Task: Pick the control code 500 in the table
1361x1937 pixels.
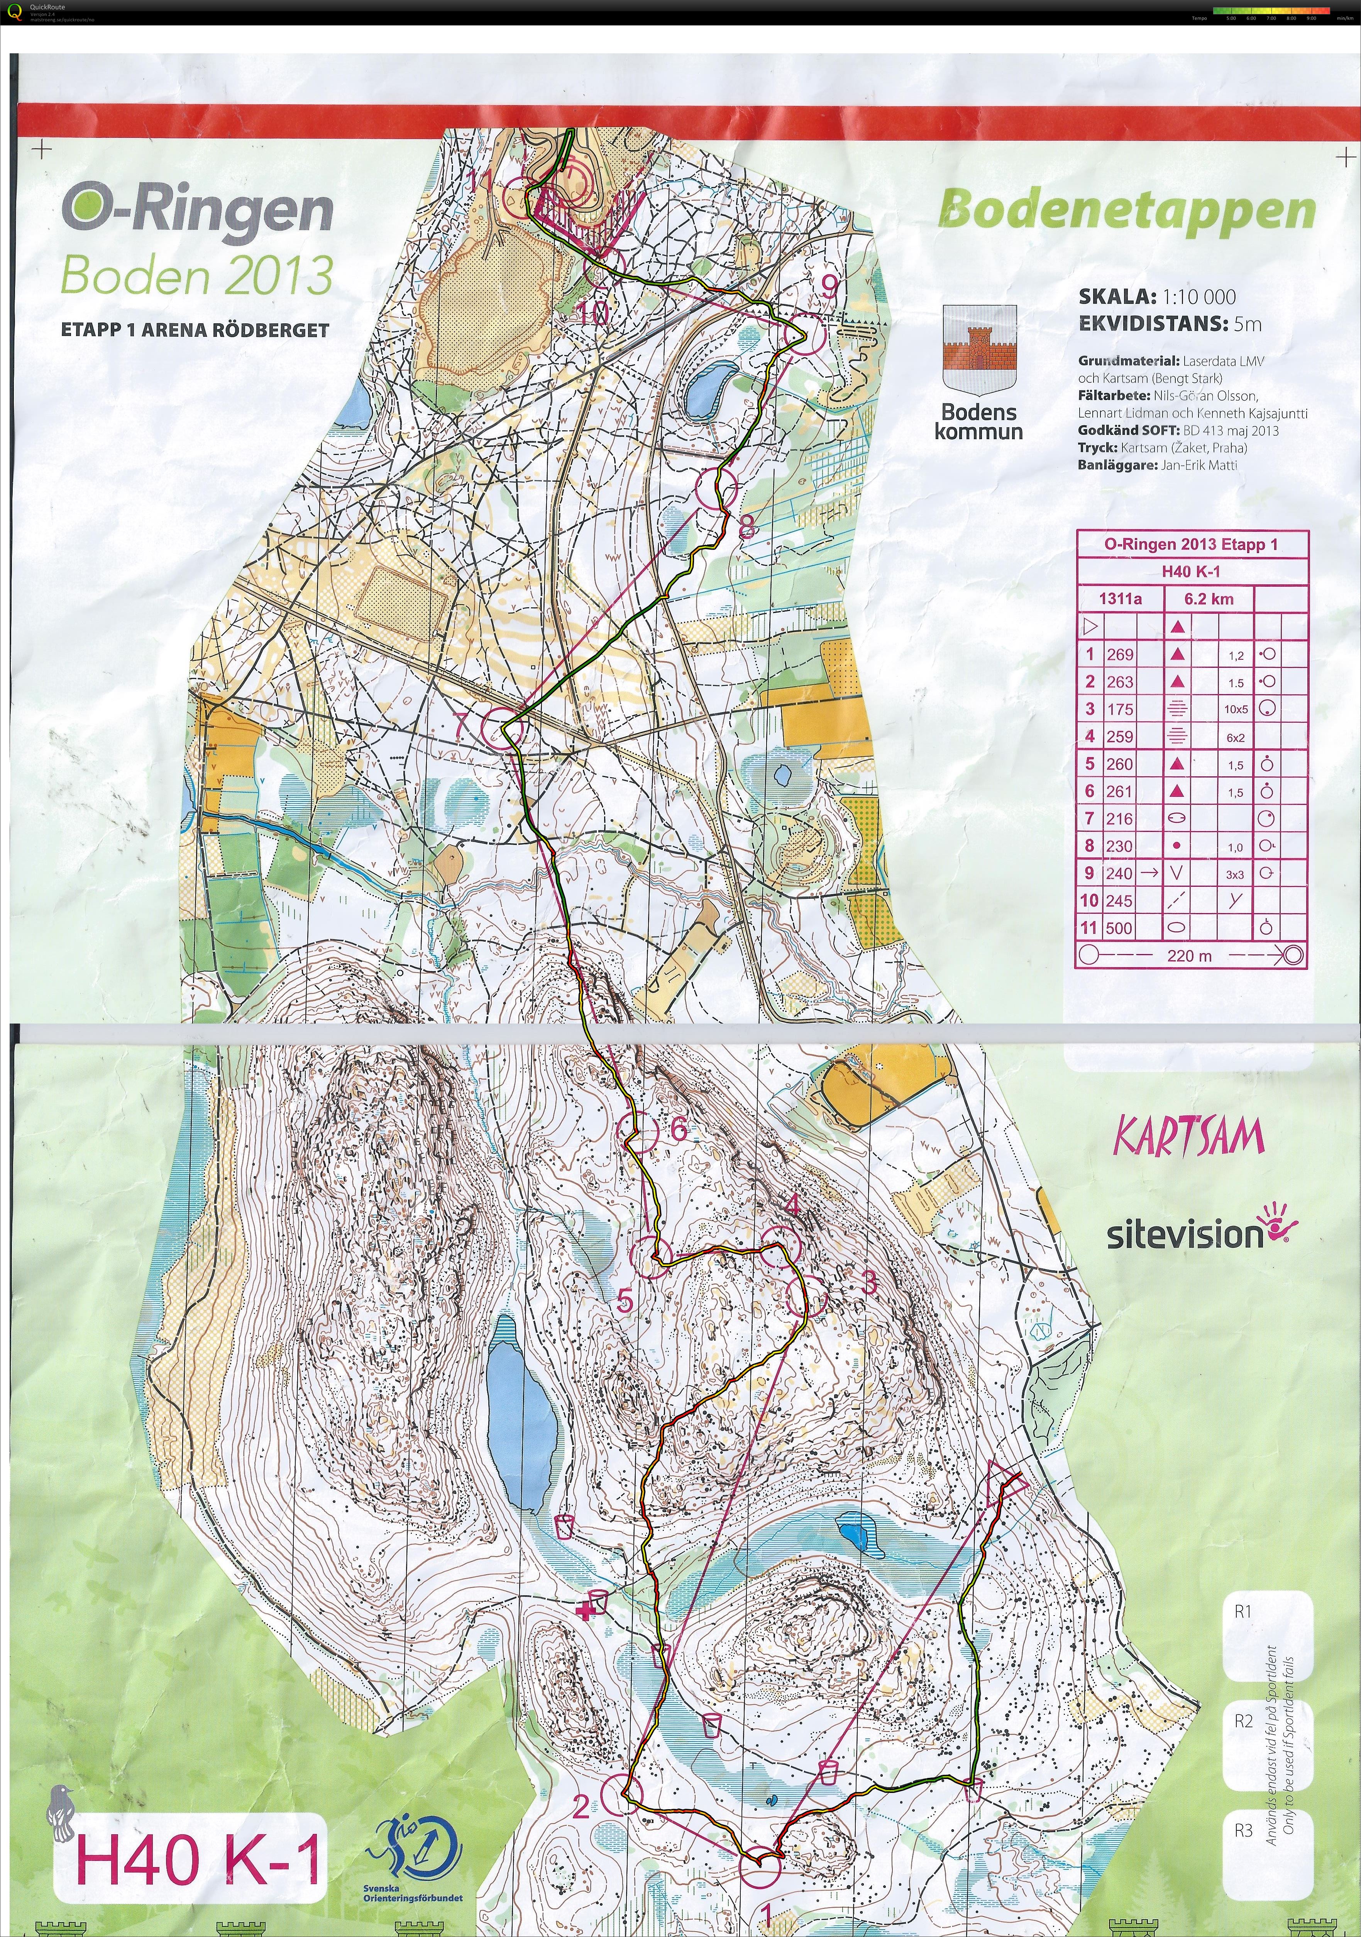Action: [x=1120, y=928]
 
